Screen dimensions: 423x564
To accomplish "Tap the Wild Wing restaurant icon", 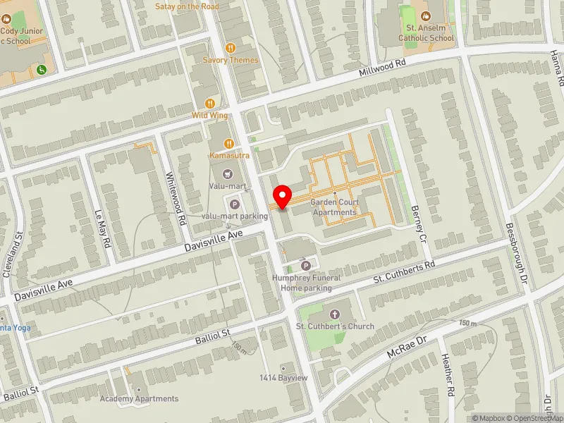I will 209,103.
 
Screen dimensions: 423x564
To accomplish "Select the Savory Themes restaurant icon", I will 230,48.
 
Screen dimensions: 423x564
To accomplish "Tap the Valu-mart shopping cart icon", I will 227,173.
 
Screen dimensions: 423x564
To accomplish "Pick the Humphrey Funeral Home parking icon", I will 306,266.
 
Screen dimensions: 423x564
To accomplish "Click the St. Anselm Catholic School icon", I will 426,15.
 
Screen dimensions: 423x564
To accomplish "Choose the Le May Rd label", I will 102,228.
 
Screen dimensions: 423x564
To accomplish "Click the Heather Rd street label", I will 448,380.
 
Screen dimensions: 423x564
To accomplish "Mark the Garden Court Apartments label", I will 336,207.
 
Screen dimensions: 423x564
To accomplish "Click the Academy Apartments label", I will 139,398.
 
